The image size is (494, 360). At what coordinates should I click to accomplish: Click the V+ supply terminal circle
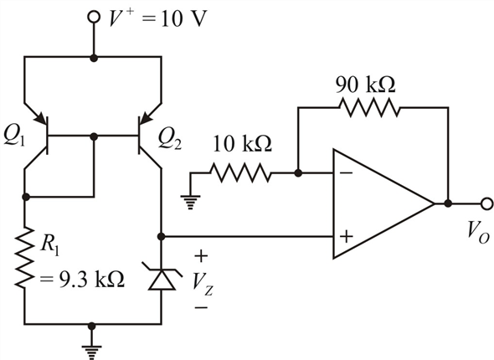coord(93,18)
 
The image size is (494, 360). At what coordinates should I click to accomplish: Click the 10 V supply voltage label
coord(183,19)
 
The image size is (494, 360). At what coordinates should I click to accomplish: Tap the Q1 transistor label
coord(13,137)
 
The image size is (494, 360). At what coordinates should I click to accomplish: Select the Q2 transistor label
coord(169,140)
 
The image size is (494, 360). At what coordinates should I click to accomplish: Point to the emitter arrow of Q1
coord(40,118)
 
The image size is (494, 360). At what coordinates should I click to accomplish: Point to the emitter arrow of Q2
coord(146,118)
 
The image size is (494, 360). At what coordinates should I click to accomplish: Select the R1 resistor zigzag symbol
coord(24,258)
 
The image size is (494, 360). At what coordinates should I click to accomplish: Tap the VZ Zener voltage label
coord(202,284)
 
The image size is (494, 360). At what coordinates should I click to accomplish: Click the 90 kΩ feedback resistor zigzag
coord(369,107)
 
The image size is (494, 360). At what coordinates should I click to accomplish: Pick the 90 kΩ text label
coord(365,85)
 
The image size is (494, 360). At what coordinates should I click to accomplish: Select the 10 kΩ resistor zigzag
coord(239,172)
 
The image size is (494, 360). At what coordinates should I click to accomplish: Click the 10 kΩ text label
coord(242,144)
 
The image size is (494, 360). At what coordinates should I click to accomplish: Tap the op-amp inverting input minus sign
coord(347,173)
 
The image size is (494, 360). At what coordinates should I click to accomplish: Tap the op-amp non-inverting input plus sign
coord(346,236)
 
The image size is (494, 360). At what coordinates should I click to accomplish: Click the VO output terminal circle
coord(486,203)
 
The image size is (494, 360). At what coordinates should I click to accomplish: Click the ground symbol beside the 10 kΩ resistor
coord(190,202)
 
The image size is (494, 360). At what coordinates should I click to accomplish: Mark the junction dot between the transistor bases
coord(94,136)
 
